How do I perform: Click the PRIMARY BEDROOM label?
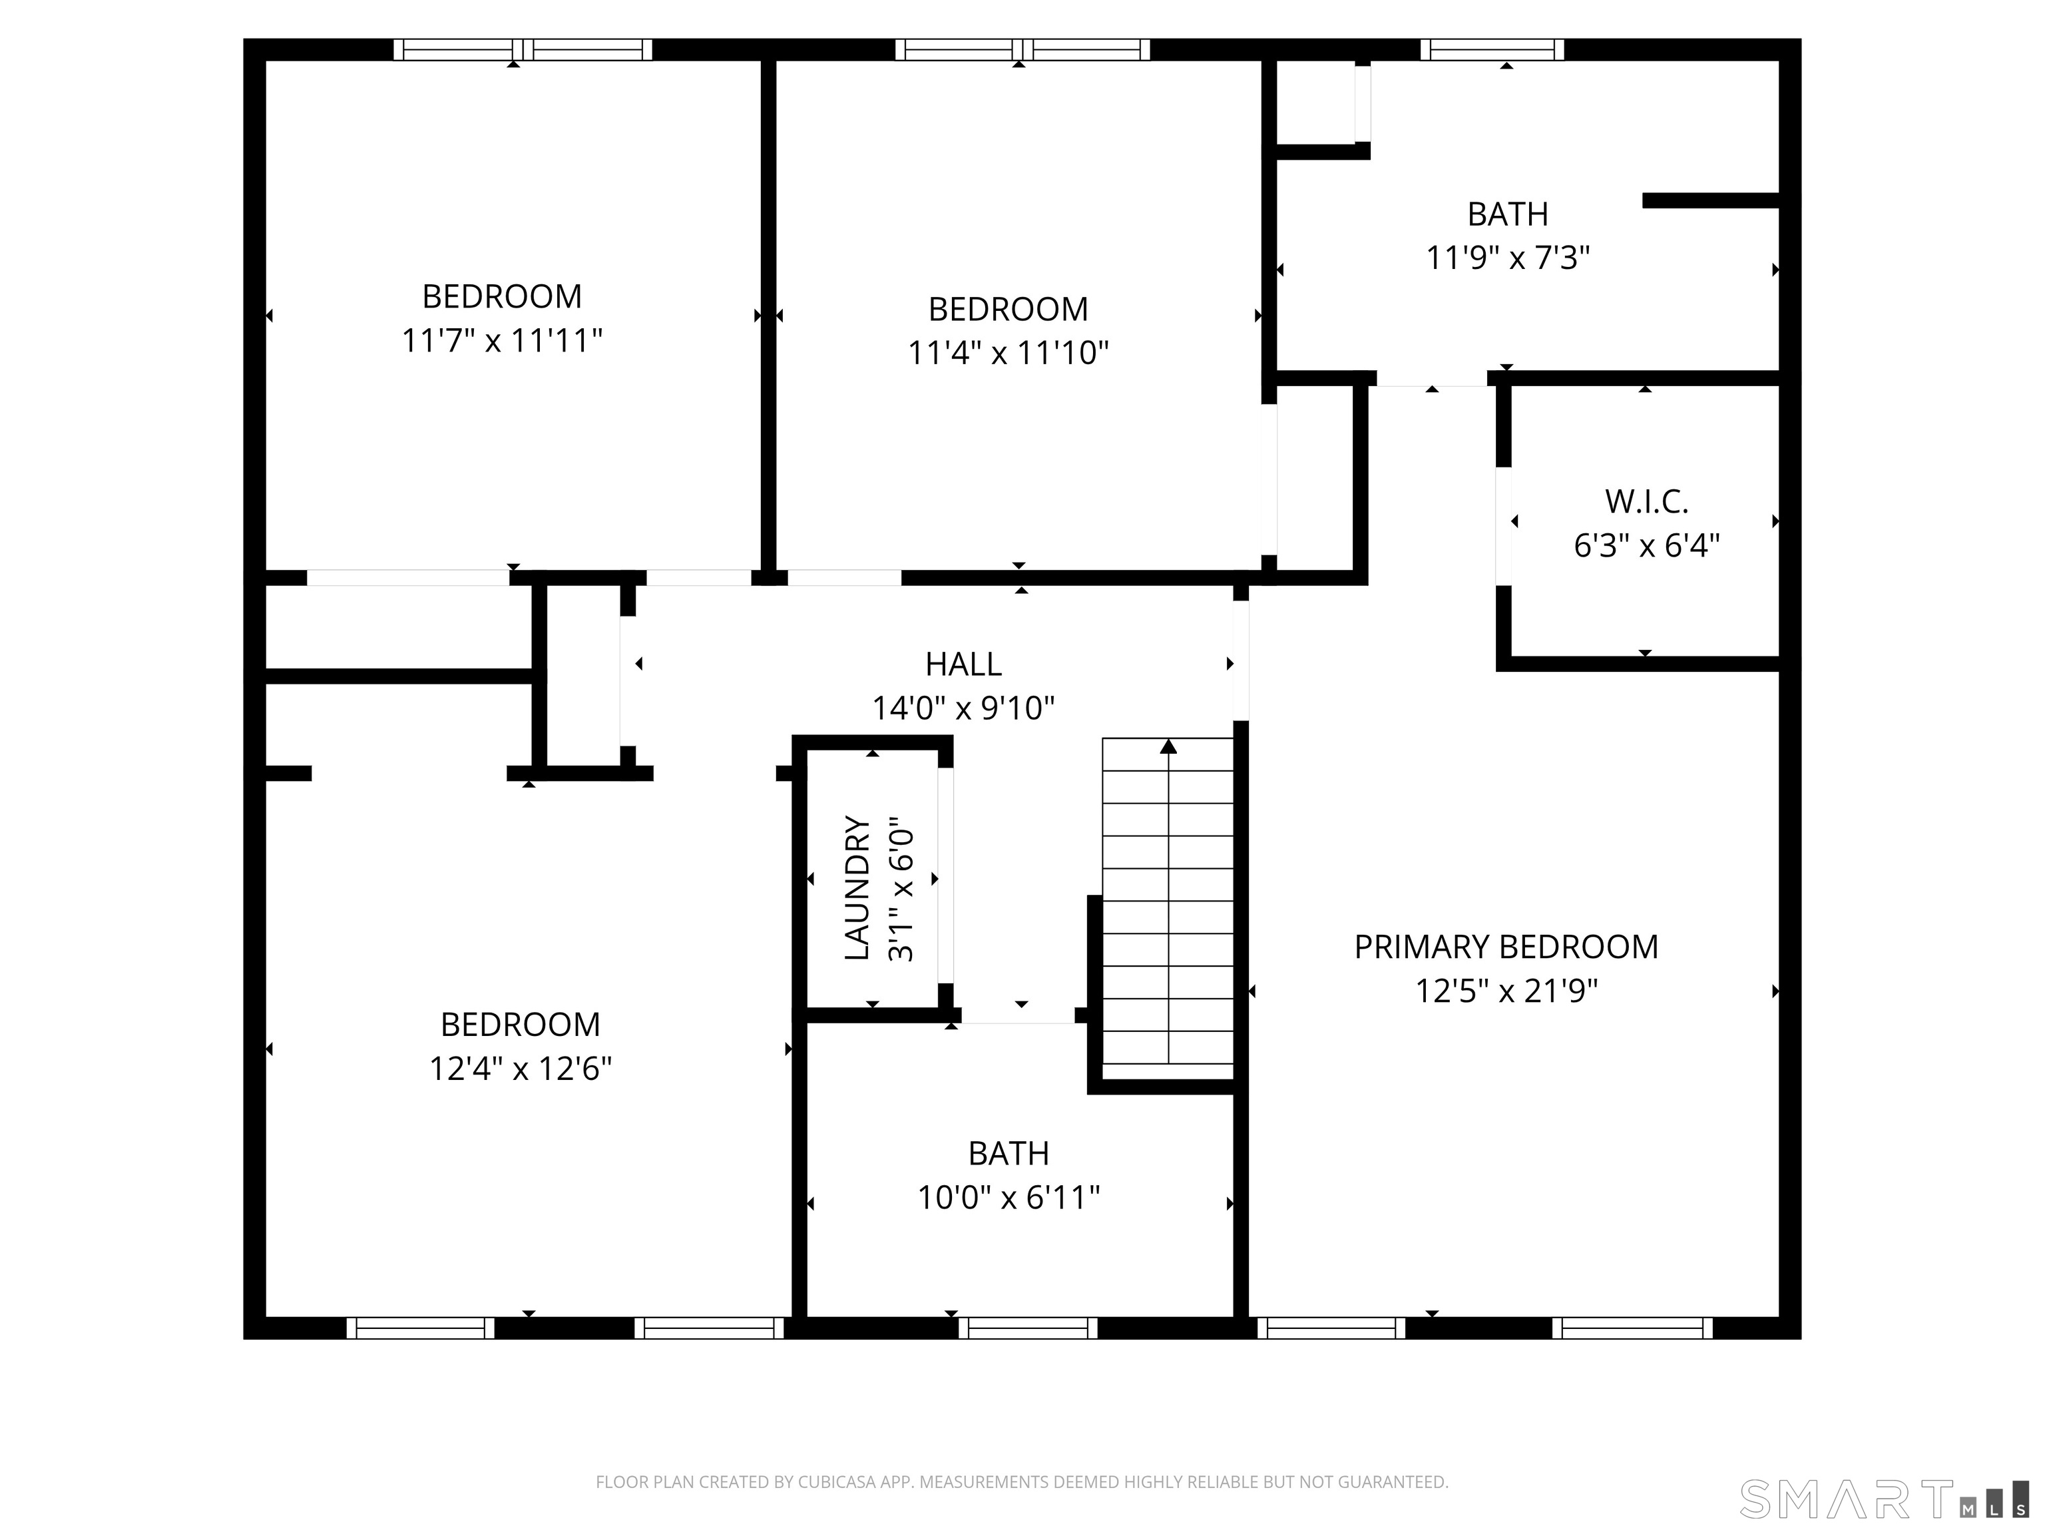pyautogui.click(x=1506, y=947)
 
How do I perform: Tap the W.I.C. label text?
pyautogui.click(x=1646, y=501)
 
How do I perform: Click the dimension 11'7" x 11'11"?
pyautogui.click(x=502, y=340)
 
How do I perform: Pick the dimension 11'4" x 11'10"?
pyautogui.click(x=1008, y=352)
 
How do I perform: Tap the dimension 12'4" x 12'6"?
pyautogui.click(x=521, y=1069)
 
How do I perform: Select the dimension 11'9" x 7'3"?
pyautogui.click(x=1508, y=257)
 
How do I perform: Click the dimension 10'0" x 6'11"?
pyautogui.click(x=1009, y=1198)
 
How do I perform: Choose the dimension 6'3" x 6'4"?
pyautogui.click(x=1646, y=545)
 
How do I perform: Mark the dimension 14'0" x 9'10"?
pyautogui.click(x=963, y=708)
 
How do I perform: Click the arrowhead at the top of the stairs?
pyautogui.click(x=1168, y=746)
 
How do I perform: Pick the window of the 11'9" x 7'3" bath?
pyautogui.click(x=1492, y=50)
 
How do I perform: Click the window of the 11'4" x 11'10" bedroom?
pyautogui.click(x=1022, y=50)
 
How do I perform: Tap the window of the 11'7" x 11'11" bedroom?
pyautogui.click(x=523, y=50)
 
